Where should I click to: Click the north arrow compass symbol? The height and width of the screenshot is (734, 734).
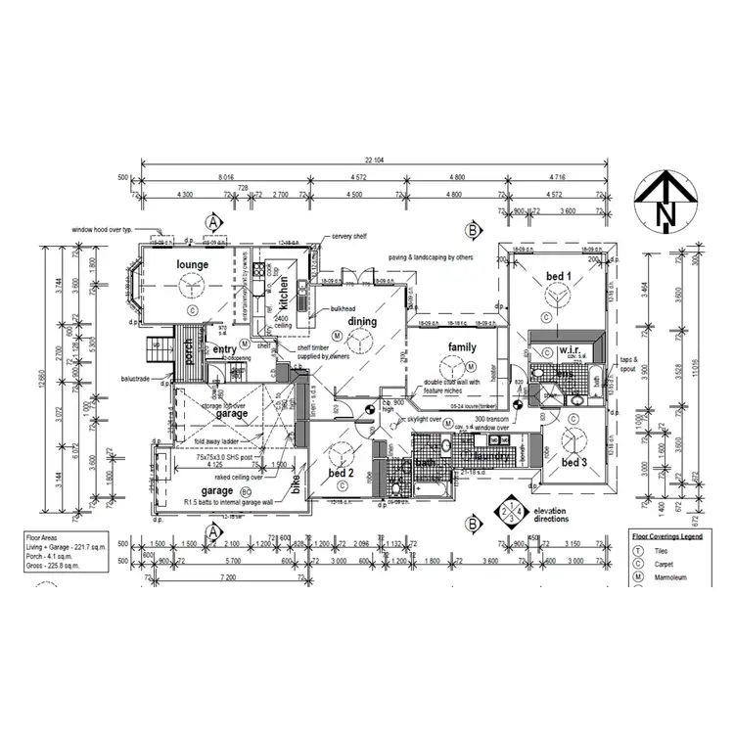coord(665,201)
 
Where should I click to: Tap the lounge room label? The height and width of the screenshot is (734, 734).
coord(194,264)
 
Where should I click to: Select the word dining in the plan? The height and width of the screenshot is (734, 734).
coord(362,321)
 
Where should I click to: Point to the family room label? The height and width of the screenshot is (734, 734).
coord(462,347)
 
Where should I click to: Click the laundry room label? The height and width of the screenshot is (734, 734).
coord(488,455)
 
